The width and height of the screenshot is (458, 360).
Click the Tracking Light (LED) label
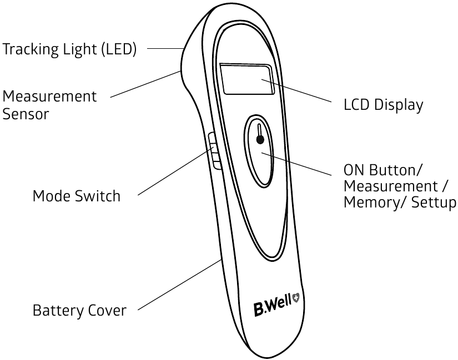pyautogui.click(x=69, y=49)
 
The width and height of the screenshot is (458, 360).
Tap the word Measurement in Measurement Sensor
pyautogui.click(x=49, y=97)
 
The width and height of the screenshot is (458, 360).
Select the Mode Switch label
pyautogui.click(x=77, y=196)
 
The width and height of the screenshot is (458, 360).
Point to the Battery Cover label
pyautogui.click(x=79, y=310)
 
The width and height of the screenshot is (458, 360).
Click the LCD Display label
pyautogui.click(x=383, y=105)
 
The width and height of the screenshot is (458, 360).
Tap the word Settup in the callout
pyautogui.click(x=434, y=202)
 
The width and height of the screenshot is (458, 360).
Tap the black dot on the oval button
pyautogui.click(x=260, y=140)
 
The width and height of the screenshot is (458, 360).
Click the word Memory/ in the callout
pyautogui.click(x=374, y=202)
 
